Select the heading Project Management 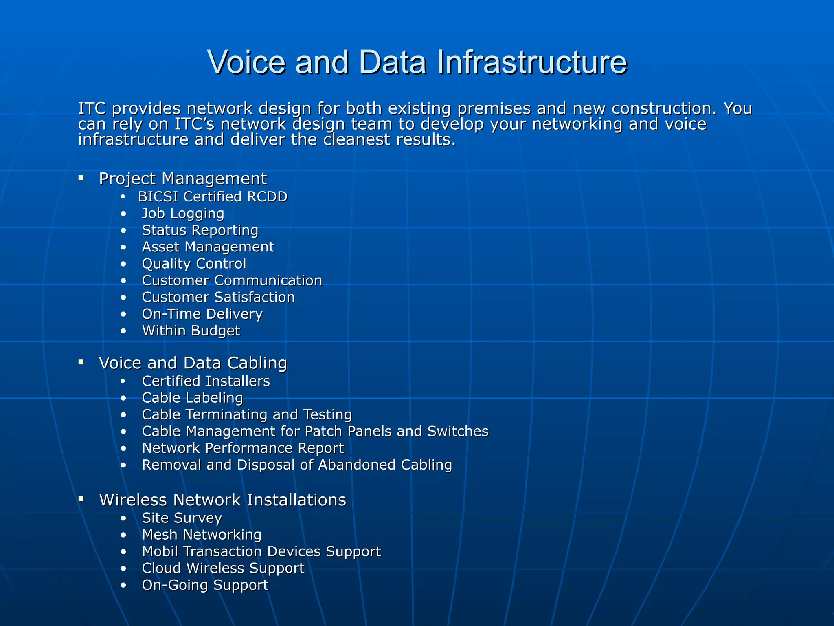tap(183, 179)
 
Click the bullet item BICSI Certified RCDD tap(213, 197)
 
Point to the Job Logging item tap(183, 214)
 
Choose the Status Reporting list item tap(200, 230)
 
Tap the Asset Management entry tap(208, 247)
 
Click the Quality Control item tap(194, 264)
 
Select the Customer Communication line tap(232, 280)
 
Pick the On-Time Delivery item tap(202, 314)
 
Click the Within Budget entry tap(191, 331)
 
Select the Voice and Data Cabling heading tap(193, 363)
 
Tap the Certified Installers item tap(206, 381)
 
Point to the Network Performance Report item tap(243, 448)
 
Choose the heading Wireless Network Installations tap(222, 500)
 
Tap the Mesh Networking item tap(202, 535)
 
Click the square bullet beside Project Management tap(81, 178)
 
